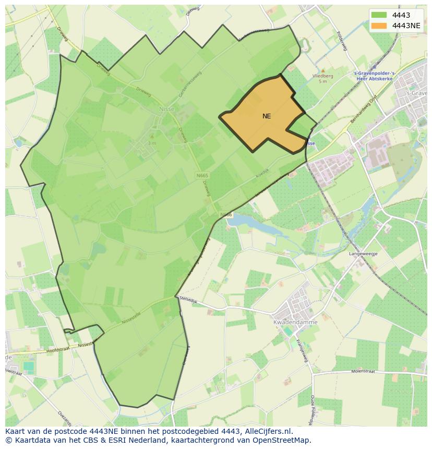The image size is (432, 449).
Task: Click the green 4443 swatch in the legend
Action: click(379, 15)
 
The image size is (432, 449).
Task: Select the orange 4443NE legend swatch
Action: click(379, 26)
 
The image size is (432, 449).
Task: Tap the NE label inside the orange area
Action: click(267, 116)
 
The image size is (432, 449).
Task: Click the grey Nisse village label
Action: click(167, 109)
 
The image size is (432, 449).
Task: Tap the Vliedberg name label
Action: click(322, 76)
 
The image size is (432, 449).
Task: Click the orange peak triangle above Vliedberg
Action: click(322, 70)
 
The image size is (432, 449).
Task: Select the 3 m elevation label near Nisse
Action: click(152, 143)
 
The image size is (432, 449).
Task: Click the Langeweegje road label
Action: click(363, 254)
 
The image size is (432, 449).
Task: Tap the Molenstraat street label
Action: click(364, 372)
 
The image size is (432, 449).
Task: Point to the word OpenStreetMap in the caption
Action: click(282, 440)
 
